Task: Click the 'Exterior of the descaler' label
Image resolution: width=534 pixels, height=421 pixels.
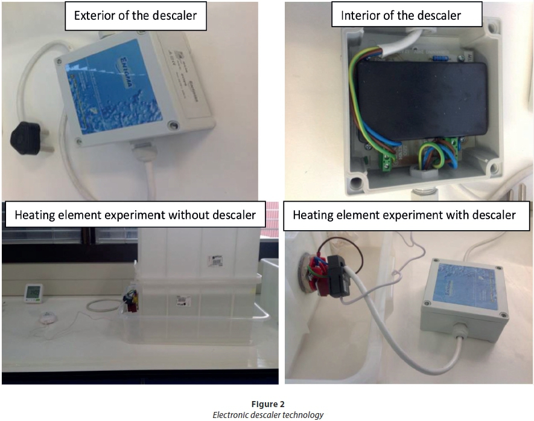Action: (135, 16)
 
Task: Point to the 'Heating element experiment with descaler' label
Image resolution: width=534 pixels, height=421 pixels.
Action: (404, 215)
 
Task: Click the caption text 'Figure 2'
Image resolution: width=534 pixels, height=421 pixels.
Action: (267, 404)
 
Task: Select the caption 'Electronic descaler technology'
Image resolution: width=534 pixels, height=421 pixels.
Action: (267, 414)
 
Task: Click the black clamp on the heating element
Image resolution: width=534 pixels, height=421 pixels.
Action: (332, 278)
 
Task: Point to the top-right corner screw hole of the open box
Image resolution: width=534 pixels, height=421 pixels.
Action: (494, 27)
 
